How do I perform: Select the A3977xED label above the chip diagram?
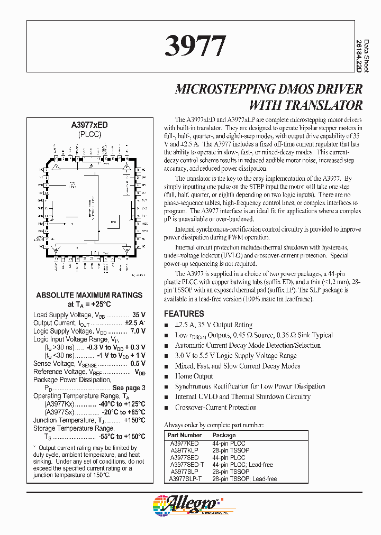89,125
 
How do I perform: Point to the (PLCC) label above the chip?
89,134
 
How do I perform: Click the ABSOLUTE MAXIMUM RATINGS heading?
89,295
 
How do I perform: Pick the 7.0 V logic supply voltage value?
138,331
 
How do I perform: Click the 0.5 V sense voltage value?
138,364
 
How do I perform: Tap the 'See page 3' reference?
128,388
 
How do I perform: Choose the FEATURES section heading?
184,313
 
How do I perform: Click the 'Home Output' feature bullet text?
194,376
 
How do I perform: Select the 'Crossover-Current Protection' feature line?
215,408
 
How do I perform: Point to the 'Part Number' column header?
183,436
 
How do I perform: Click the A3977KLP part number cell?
184,450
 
